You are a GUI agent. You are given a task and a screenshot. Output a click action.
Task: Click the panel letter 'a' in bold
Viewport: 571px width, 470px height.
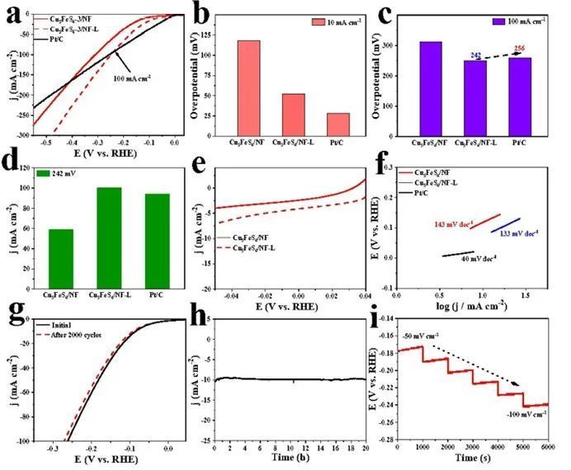[x=12, y=16]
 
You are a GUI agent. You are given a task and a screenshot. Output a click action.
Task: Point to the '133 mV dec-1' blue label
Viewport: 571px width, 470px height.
[x=520, y=233]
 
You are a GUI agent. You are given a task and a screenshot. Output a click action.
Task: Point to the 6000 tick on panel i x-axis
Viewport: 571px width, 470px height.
[x=547, y=446]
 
